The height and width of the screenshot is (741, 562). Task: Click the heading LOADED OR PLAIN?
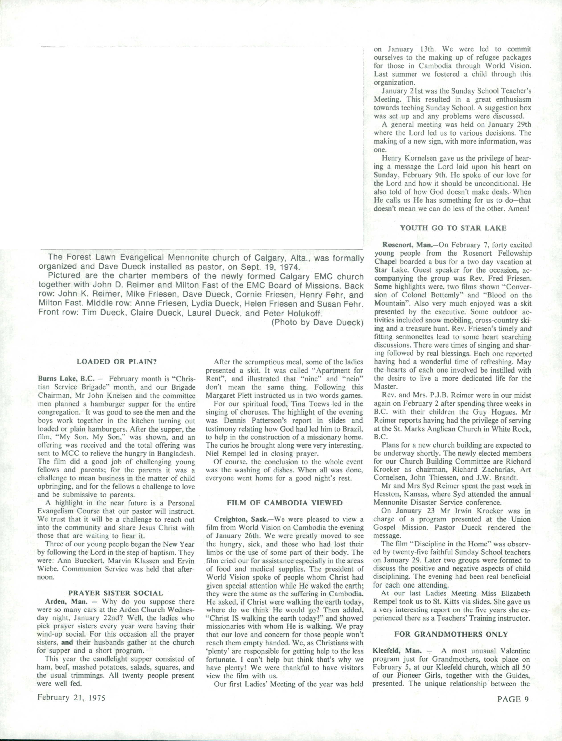pyautogui.click(x=117, y=361)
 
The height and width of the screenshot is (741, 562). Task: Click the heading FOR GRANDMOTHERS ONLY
pyautogui.click(x=451, y=634)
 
